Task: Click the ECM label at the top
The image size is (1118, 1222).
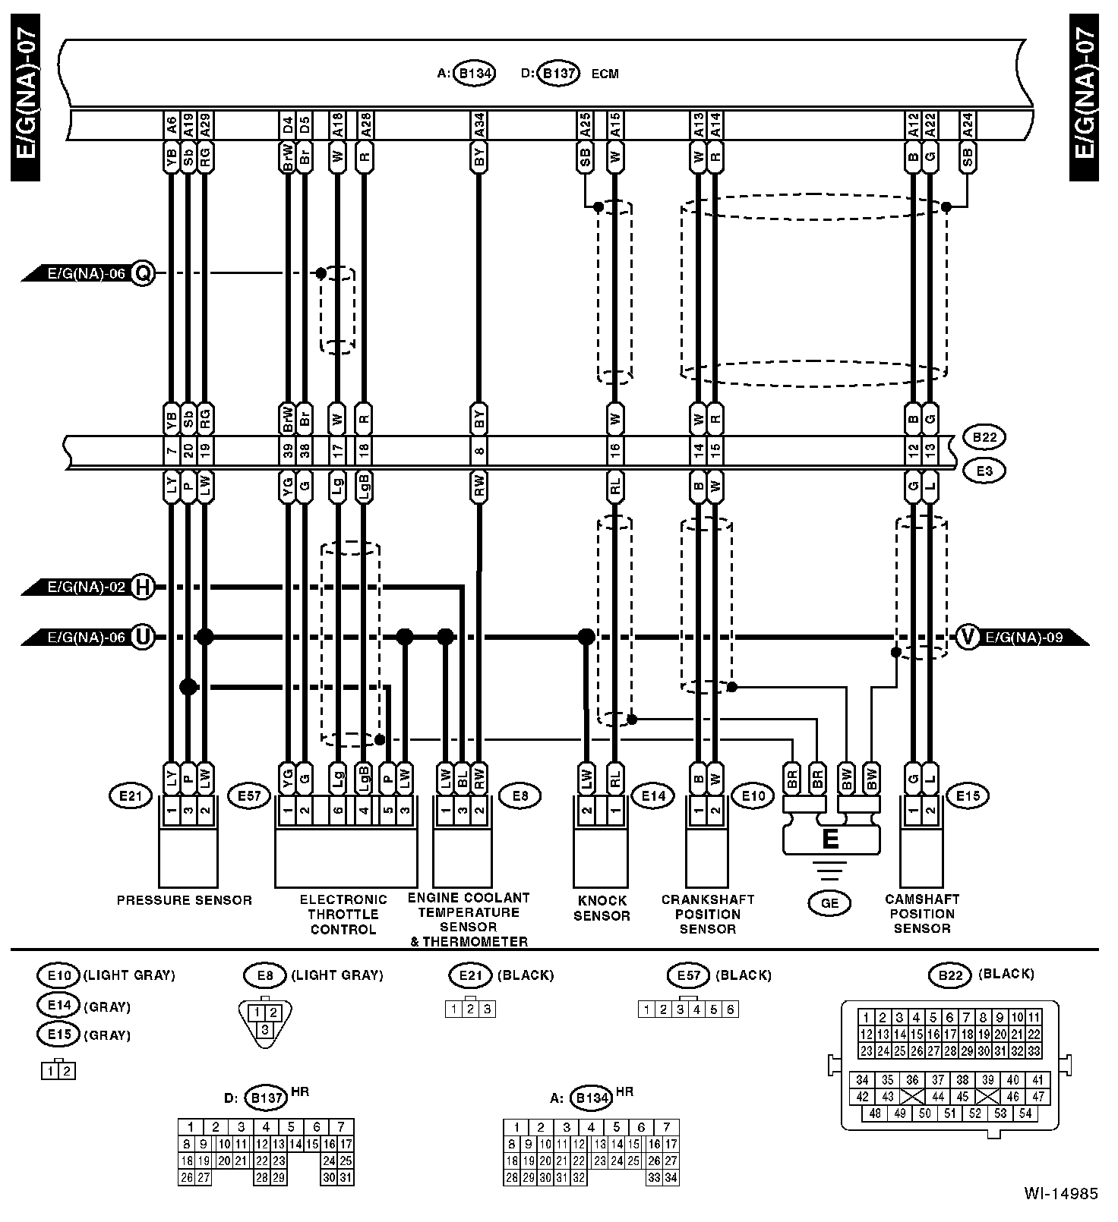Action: click(605, 74)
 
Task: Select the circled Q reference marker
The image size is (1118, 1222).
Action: click(143, 272)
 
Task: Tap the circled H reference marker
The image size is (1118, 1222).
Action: click(143, 587)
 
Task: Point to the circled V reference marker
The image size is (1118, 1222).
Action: click(967, 637)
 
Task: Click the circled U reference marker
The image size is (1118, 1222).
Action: click(143, 637)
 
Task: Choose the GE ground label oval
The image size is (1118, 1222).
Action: click(829, 902)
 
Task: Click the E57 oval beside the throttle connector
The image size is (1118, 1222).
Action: click(249, 796)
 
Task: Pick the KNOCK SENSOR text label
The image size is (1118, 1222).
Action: click(602, 908)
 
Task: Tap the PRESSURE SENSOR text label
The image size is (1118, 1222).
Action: click(184, 900)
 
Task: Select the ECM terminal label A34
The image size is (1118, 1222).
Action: click(478, 125)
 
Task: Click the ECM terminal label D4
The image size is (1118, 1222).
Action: click(288, 125)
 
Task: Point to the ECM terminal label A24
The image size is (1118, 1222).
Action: click(967, 125)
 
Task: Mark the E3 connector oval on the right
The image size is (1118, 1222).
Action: click(984, 471)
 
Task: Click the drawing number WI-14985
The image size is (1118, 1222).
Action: click(1060, 1194)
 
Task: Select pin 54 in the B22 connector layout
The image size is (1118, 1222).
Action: click(1025, 1113)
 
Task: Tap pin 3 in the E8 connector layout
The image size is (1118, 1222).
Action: click(264, 1030)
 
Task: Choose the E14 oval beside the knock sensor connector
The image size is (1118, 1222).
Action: click(653, 795)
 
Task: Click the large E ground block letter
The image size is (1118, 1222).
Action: click(831, 839)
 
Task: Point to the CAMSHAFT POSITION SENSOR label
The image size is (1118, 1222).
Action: click(922, 913)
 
